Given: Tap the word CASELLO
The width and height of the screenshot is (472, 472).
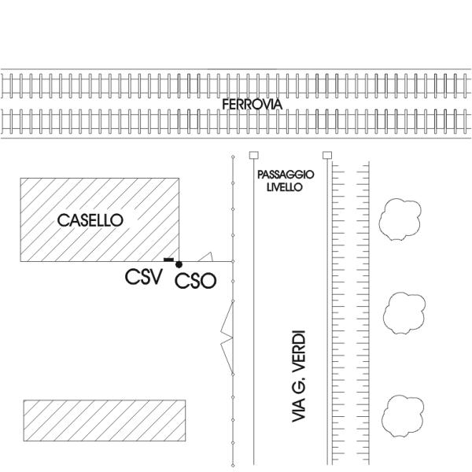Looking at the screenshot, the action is coord(90,221).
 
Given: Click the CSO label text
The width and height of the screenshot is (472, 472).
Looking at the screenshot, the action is coord(195,281).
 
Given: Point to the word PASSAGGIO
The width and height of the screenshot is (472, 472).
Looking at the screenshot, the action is coord(286,175).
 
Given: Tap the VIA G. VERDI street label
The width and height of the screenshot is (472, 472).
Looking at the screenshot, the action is coord(298,378).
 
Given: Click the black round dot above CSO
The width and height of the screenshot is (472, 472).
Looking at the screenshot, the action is coord(179,264).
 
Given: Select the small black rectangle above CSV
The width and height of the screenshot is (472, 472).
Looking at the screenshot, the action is coord(168,259).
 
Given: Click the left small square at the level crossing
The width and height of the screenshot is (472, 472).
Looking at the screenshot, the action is coord(253,155).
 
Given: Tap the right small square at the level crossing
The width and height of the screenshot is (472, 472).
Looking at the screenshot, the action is coord(328,155).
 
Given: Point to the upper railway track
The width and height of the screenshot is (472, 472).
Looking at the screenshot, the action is coord(236,84).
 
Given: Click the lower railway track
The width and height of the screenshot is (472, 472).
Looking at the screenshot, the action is coord(236,122).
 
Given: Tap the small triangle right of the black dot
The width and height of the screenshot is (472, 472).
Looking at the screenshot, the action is coord(206,256).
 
